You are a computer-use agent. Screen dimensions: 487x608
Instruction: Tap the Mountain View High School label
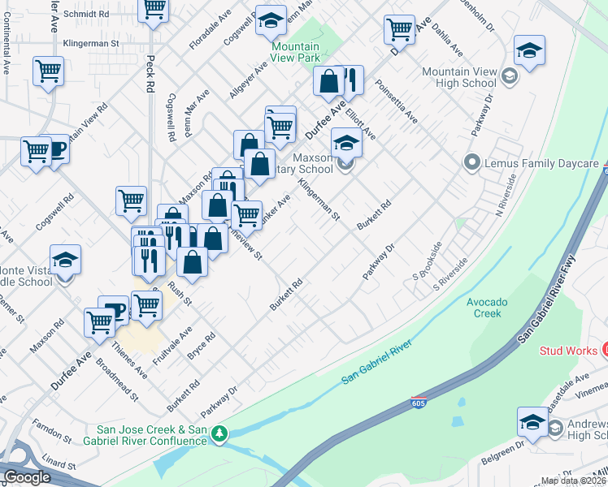(458, 78)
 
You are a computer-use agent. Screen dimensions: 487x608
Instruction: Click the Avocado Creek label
(487, 308)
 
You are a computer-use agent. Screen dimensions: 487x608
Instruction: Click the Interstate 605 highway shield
(418, 403)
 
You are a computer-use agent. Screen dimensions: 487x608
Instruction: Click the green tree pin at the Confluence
(219, 435)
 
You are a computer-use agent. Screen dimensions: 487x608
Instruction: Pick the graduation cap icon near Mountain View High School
(529, 51)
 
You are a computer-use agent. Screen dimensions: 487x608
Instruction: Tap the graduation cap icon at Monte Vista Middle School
(66, 261)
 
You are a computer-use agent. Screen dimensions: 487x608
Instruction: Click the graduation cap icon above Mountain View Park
(271, 21)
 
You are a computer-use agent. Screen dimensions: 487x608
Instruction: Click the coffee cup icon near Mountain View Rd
(58, 149)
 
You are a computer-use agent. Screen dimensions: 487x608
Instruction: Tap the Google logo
(26, 477)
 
